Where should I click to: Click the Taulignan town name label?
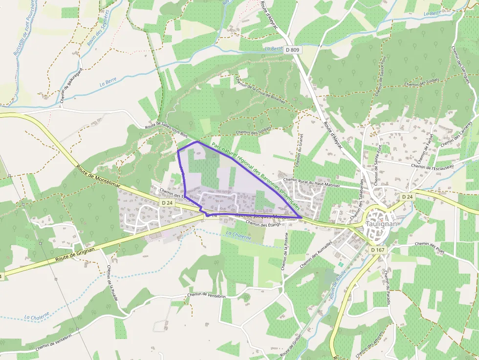382,224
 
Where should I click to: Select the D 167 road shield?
378,250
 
